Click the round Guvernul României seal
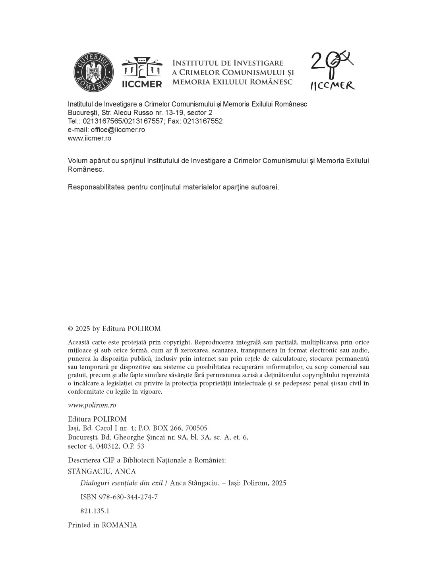94,72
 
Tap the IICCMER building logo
142,72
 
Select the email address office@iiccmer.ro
118,130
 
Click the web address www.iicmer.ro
89,138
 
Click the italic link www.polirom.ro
92,405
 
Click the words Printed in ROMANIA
102,525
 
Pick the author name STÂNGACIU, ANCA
102,472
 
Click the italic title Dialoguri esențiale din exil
122,483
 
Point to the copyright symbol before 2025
70,329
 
